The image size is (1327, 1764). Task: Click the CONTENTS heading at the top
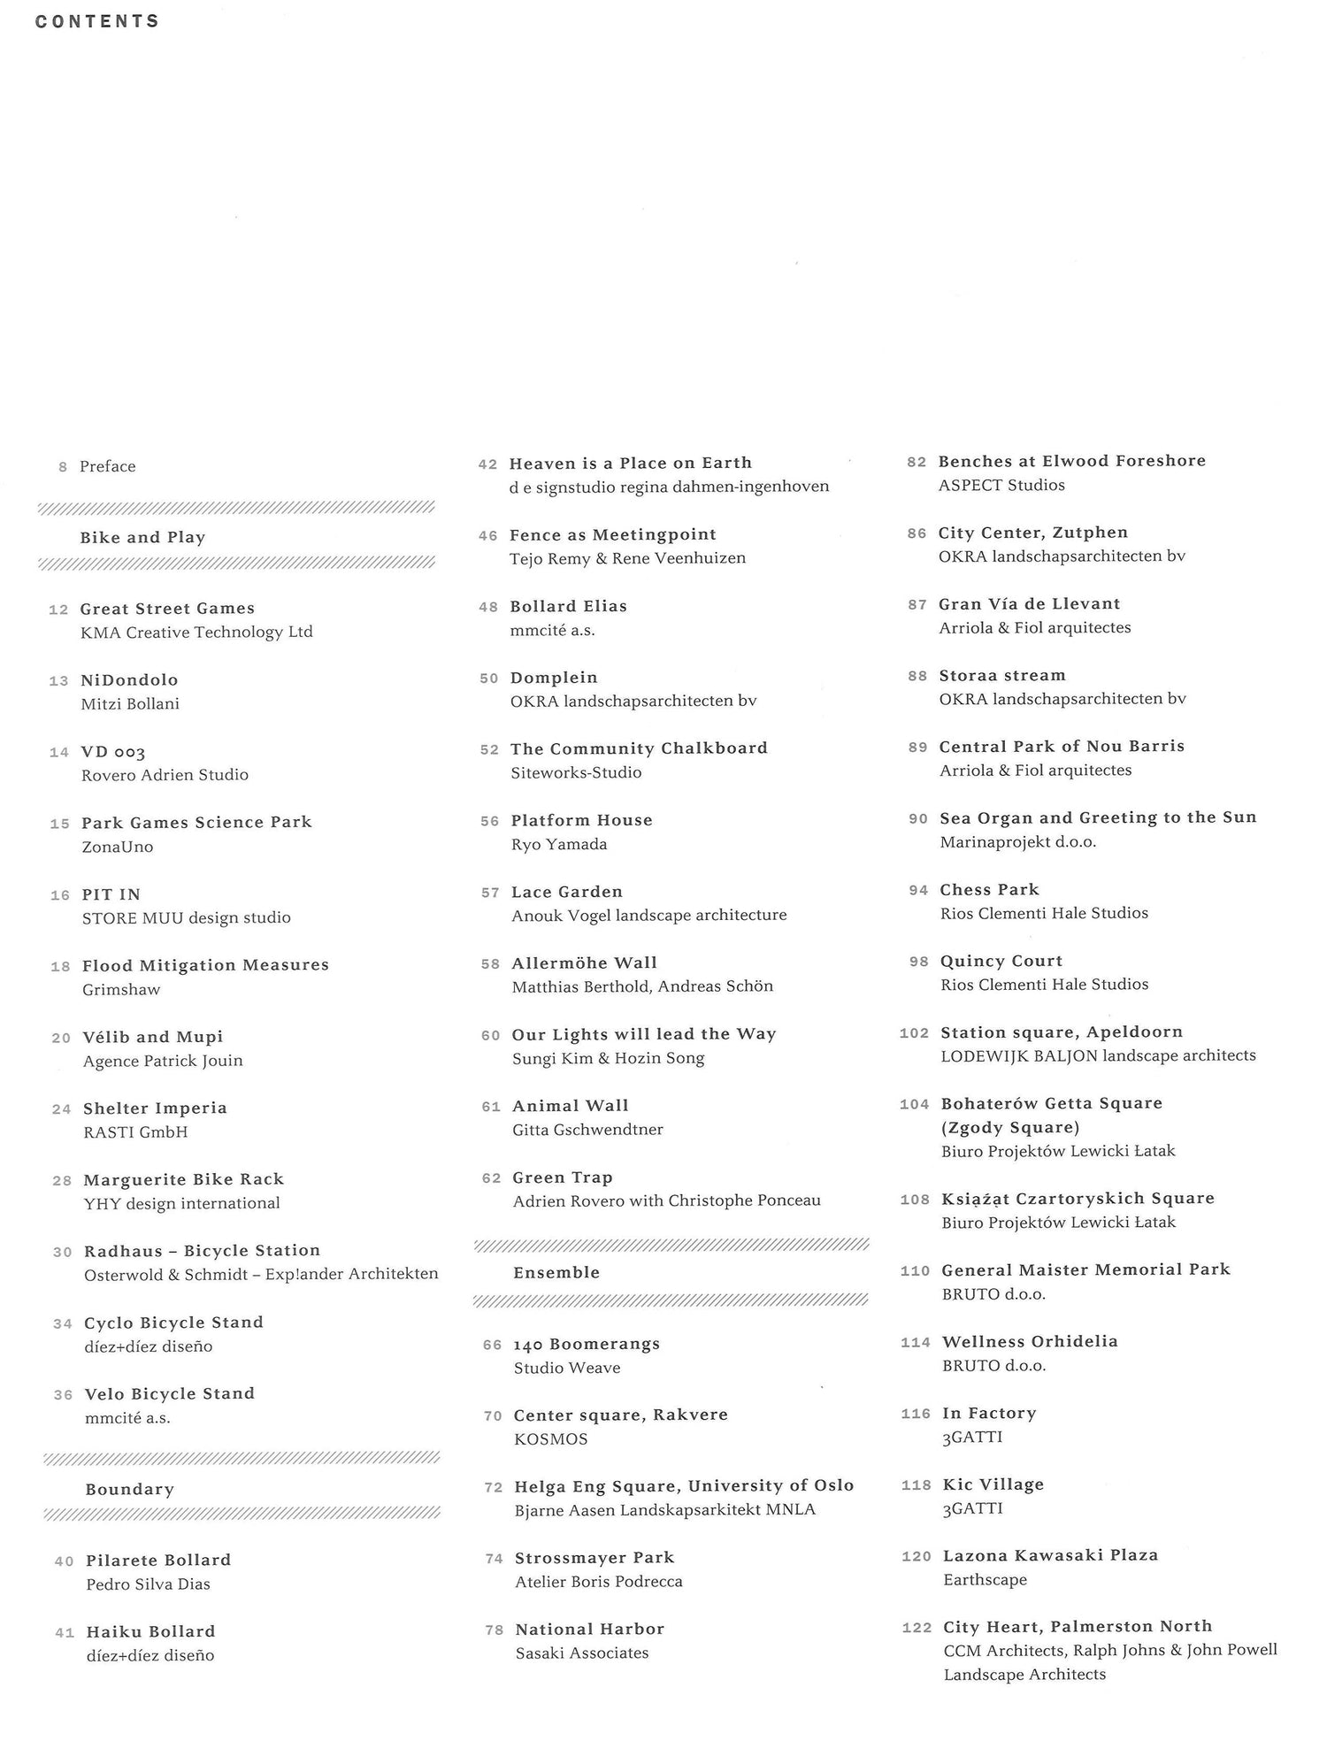tap(97, 21)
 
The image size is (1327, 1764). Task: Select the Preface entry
tap(107, 466)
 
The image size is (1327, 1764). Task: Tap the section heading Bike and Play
tap(142, 537)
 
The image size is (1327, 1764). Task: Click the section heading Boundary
tap(129, 1489)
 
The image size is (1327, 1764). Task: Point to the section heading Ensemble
tap(556, 1272)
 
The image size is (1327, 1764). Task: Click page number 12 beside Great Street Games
tap(58, 610)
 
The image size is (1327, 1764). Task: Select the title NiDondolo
tap(129, 679)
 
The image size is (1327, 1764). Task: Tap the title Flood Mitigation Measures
tap(205, 965)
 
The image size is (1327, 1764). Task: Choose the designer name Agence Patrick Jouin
tap(163, 1060)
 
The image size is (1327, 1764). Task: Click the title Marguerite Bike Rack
tap(183, 1179)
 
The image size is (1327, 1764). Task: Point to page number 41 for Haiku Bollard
tap(65, 1632)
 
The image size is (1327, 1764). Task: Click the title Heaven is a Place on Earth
tap(630, 463)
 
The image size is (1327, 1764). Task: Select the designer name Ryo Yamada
tap(559, 844)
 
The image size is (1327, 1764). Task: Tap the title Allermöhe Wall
tap(584, 963)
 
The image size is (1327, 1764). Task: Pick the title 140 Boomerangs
tap(587, 1344)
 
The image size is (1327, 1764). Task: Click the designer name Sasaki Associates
tap(582, 1653)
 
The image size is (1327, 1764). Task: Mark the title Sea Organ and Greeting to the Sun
tap(1098, 817)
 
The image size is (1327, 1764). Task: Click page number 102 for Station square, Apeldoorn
tap(914, 1033)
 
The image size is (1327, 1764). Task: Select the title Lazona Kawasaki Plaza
tap(1050, 1555)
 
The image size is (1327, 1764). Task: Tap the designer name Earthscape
tap(985, 1579)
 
